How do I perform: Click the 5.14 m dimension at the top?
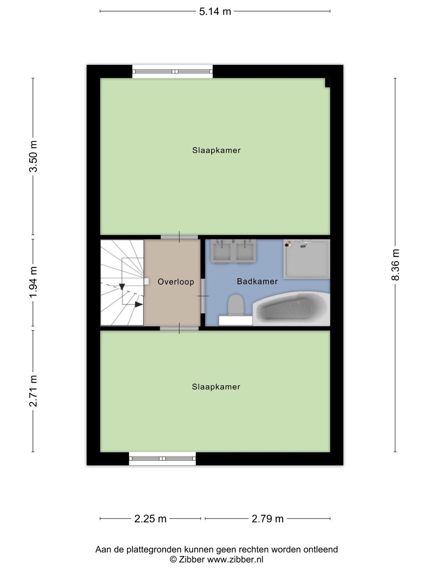point(215,11)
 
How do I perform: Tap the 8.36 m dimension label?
point(395,265)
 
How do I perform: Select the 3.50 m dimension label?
point(33,156)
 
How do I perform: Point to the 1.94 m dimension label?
point(33,282)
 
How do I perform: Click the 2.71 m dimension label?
point(33,391)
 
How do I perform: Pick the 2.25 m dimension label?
point(150,519)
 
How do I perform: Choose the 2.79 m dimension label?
point(267,519)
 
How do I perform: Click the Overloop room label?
point(176,282)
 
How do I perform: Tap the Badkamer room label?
point(257,281)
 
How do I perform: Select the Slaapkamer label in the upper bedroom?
point(216,150)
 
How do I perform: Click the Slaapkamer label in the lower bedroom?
point(216,387)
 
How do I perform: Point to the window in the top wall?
point(172,72)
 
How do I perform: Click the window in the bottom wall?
point(162,458)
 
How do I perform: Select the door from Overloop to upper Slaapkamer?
point(179,237)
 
